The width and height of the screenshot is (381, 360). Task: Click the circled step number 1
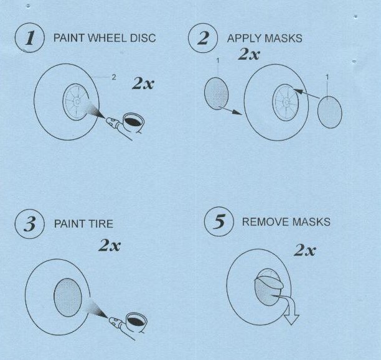pyautogui.click(x=30, y=38)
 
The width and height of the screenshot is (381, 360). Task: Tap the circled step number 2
pyautogui.click(x=203, y=38)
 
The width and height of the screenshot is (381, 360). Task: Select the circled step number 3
pyautogui.click(x=30, y=224)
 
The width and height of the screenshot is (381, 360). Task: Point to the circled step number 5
pyautogui.click(x=219, y=221)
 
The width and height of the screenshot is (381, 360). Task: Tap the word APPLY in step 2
pyautogui.click(x=244, y=39)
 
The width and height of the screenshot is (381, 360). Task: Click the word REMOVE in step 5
pyautogui.click(x=266, y=221)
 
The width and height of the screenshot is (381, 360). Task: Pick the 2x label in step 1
pyautogui.click(x=143, y=84)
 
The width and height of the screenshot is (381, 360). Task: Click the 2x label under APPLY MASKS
pyautogui.click(x=249, y=54)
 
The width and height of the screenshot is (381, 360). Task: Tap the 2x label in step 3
pyautogui.click(x=110, y=245)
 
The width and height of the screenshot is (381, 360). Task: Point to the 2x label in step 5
pyautogui.click(x=305, y=250)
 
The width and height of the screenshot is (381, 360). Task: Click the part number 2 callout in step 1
pyautogui.click(x=114, y=77)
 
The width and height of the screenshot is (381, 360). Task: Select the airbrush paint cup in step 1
pyautogui.click(x=133, y=122)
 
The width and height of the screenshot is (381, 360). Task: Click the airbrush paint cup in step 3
pyautogui.click(x=136, y=321)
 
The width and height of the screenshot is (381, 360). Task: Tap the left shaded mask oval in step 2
pyautogui.click(x=216, y=93)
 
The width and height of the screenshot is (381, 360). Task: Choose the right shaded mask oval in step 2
pyautogui.click(x=330, y=112)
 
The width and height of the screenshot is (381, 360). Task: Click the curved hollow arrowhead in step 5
pyautogui.click(x=291, y=318)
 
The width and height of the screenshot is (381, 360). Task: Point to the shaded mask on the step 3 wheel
pyautogui.click(x=68, y=297)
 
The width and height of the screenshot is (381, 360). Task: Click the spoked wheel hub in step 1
pyautogui.click(x=76, y=102)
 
